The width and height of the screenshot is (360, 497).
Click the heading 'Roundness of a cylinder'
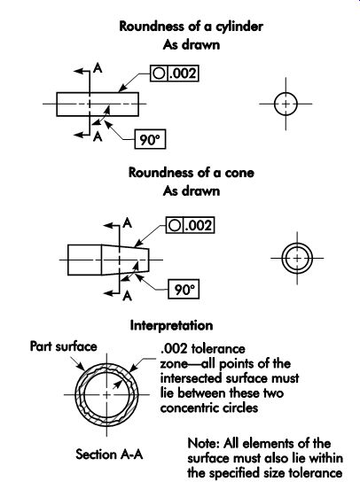pyautogui.click(x=191, y=26)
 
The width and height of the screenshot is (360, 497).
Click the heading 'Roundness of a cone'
pyautogui.click(x=192, y=173)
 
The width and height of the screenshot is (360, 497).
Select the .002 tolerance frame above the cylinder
pyautogui.click(x=174, y=74)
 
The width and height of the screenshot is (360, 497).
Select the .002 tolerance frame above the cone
pyautogui.click(x=190, y=225)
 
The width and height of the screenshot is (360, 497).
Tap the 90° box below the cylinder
pyautogui.click(x=150, y=139)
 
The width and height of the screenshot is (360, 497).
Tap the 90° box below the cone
pyautogui.click(x=184, y=289)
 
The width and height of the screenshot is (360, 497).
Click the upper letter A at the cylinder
pyautogui.click(x=98, y=67)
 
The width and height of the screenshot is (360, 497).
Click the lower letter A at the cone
pyautogui.click(x=127, y=295)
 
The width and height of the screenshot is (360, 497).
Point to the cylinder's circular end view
pyautogui.click(x=286, y=104)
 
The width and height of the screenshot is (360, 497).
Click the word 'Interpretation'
pyautogui.click(x=171, y=325)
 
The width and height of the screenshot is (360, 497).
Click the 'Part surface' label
pyautogui.click(x=63, y=346)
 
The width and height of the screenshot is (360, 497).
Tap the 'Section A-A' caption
pyautogui.click(x=109, y=454)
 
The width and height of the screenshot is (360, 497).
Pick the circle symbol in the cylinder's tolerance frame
pyautogui.click(x=159, y=74)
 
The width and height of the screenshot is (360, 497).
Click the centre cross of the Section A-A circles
pyautogui.click(x=107, y=395)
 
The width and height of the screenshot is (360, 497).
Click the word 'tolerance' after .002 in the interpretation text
pyautogui.click(x=218, y=349)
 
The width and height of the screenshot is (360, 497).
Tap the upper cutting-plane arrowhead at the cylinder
pyautogui.click(x=78, y=71)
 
